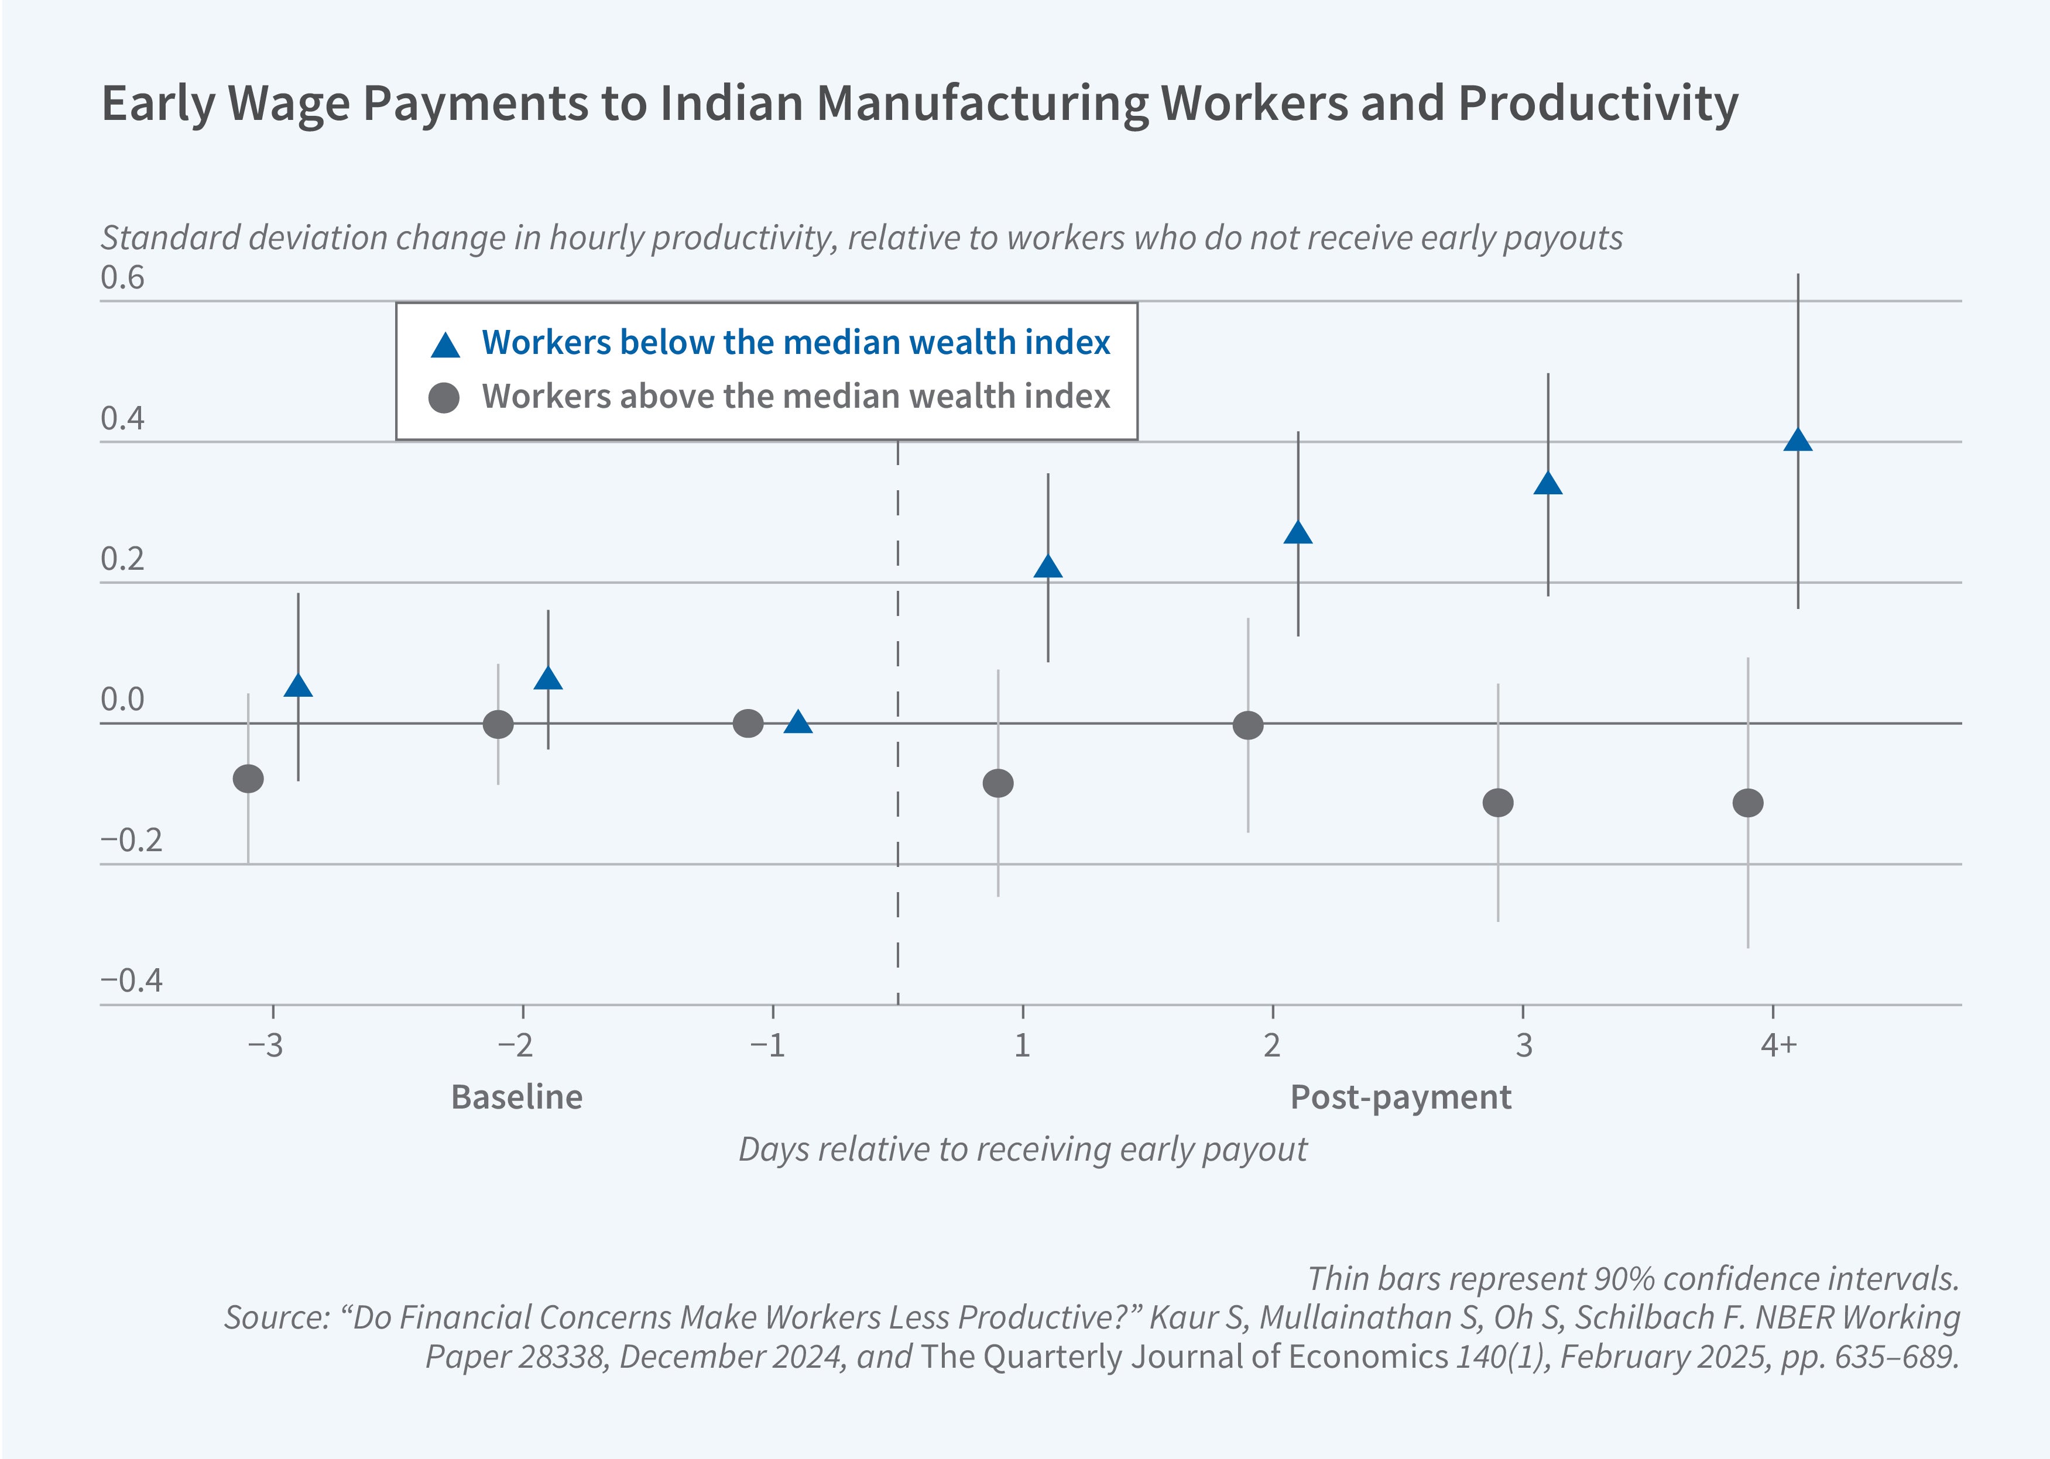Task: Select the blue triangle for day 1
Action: point(1048,567)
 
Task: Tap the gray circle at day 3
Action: point(1497,802)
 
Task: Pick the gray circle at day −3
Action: point(248,779)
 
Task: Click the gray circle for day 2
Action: point(1247,725)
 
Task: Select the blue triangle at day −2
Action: point(549,678)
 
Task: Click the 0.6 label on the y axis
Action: point(122,278)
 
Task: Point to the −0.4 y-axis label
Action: point(131,980)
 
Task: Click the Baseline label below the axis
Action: point(517,1097)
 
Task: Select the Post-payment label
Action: point(1400,1097)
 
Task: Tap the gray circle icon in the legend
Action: point(444,397)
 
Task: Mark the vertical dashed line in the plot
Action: point(898,719)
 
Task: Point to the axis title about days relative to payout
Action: point(1023,1149)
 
